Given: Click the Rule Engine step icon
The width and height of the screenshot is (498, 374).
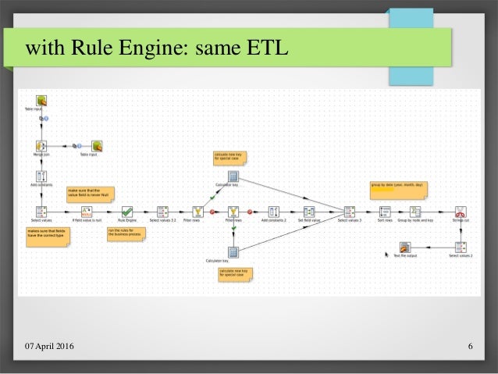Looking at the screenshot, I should point(126,211).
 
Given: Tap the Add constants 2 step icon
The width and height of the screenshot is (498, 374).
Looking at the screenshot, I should point(273,211).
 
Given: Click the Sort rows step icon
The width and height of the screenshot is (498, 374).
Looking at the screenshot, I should point(385,211).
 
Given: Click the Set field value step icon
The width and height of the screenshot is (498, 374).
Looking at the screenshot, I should point(310,211).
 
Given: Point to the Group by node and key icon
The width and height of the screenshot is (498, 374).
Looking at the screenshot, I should point(416,211).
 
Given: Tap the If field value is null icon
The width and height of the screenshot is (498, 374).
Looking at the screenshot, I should point(87,211).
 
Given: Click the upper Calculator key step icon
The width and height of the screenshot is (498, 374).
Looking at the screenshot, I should point(233,175).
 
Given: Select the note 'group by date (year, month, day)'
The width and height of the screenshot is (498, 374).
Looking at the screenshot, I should point(397,188).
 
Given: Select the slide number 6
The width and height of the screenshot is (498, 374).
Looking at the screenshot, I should point(471,347).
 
